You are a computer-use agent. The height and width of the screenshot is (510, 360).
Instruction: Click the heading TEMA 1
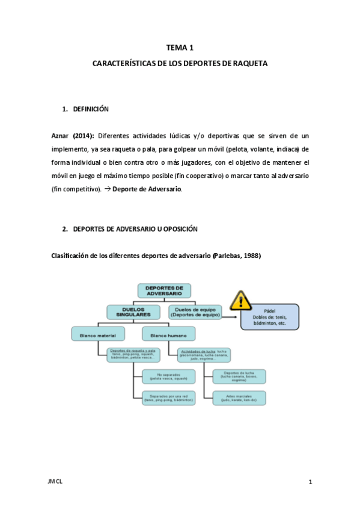pos(180,48)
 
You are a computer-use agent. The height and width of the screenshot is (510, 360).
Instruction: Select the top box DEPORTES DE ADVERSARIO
pos(164,291)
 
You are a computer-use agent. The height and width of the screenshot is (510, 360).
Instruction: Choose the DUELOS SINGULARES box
pos(133,312)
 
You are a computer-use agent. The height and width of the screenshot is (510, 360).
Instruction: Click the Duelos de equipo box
pos(195,312)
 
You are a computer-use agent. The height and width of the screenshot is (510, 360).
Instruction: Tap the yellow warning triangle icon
pos(241,300)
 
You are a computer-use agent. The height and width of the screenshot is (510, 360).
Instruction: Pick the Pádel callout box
pos(269,316)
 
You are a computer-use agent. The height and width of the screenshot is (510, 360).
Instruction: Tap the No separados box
pos(169,377)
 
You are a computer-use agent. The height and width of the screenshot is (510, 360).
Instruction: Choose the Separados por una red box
pos(169,398)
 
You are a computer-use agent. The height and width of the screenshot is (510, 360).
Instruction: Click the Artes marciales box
pos(239,398)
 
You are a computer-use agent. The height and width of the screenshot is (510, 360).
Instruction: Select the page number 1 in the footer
pos(310,482)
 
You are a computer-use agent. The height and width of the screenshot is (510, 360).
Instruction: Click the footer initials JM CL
pos(55,482)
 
